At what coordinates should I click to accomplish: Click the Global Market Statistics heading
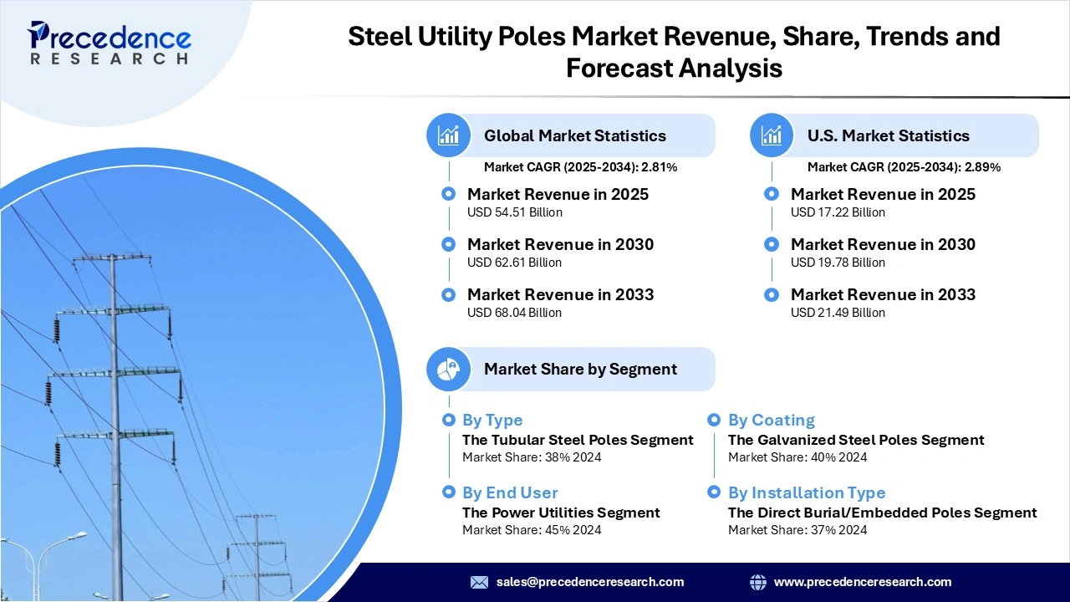click(574, 135)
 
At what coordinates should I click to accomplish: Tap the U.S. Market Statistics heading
click(888, 135)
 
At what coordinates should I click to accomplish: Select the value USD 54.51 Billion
click(514, 212)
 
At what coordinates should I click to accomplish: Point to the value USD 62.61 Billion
click(514, 263)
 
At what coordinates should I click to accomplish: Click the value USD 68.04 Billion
click(514, 313)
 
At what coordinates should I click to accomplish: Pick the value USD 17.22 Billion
click(838, 212)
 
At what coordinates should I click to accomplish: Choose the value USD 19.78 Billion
click(838, 263)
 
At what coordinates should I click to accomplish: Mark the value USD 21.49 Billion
click(838, 313)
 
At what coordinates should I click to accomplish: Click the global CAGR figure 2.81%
click(659, 167)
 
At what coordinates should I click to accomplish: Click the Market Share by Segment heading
click(580, 369)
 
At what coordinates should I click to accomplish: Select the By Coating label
click(771, 420)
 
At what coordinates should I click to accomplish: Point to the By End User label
click(510, 492)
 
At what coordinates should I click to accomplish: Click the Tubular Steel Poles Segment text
click(578, 440)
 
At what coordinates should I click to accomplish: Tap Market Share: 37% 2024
click(797, 530)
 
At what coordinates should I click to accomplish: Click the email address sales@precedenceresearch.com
click(589, 582)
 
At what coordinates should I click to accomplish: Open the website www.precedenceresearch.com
click(862, 582)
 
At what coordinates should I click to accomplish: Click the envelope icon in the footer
click(479, 582)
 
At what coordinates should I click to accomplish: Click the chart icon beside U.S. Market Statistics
click(772, 135)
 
